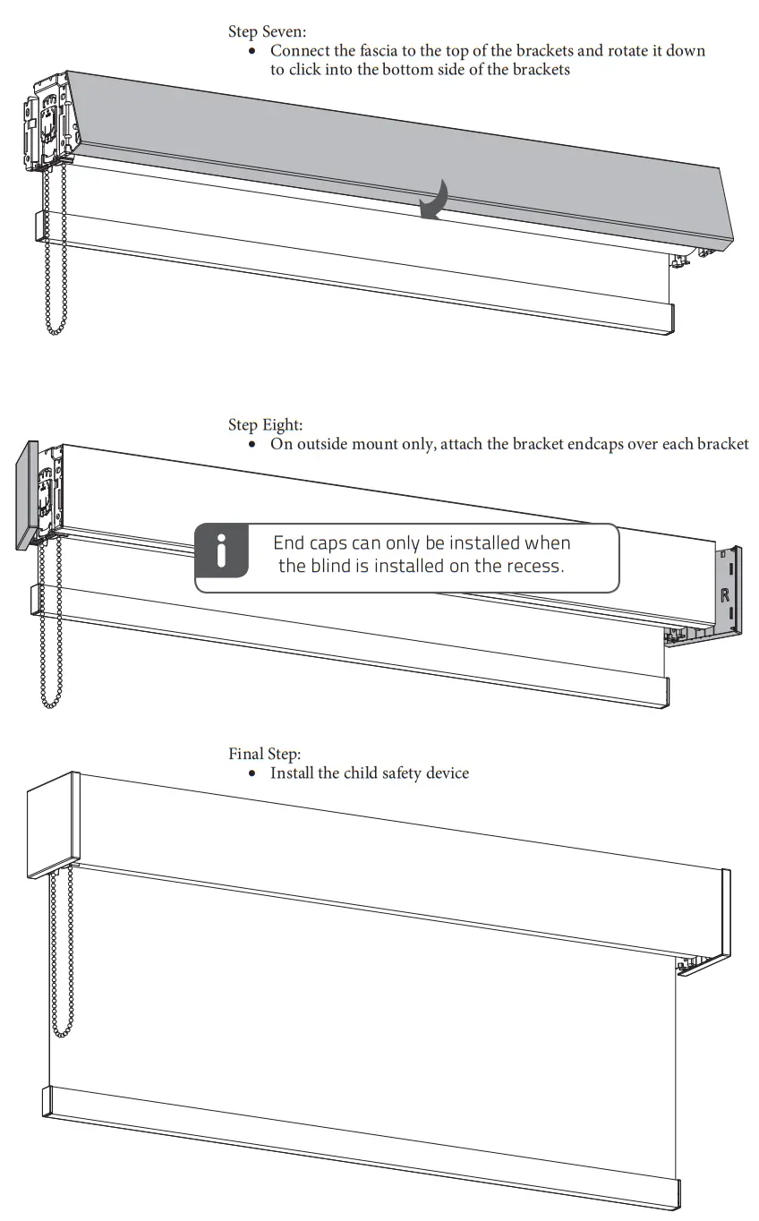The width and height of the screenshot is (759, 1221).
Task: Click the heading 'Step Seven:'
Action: (267, 32)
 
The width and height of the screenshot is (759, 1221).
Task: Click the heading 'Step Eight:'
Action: (265, 425)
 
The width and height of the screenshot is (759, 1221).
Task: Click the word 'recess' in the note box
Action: (536, 566)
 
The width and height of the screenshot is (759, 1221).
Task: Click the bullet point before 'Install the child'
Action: (253, 773)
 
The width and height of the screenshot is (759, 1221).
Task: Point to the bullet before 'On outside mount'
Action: (253, 445)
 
